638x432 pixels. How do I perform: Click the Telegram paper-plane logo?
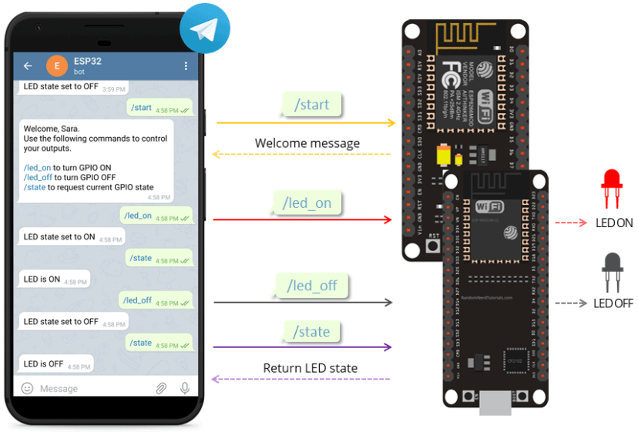point(204,29)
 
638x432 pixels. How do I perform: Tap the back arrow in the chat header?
point(28,66)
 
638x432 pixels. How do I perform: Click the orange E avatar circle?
point(56,66)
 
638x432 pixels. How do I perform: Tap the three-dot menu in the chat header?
point(186,66)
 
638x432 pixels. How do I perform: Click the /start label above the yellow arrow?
point(312,105)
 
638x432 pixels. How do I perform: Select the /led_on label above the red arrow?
point(307,203)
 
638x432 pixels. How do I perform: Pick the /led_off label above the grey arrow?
point(312,286)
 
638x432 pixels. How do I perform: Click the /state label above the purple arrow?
point(311,332)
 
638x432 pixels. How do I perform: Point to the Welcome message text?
point(307,143)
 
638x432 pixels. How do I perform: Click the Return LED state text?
point(310,368)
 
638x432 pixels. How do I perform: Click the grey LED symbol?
point(612,270)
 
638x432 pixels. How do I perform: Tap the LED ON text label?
point(613,223)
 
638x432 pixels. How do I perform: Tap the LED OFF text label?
point(613,303)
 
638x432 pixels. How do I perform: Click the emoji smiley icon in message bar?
point(27,388)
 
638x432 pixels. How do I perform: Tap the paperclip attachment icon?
point(161,388)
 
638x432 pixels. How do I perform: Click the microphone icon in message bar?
point(185,388)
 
